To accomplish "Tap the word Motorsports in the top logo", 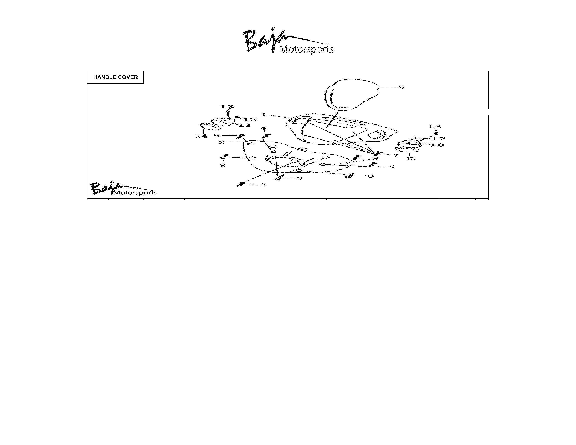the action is (x=307, y=50).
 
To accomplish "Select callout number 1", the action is (x=263, y=115).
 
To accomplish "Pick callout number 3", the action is (x=300, y=178).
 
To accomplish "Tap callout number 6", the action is (x=263, y=185).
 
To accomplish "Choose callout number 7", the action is (x=396, y=156).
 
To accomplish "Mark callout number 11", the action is (x=245, y=125).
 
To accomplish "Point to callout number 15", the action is (x=411, y=158).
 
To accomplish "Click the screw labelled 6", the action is (x=241, y=184).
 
